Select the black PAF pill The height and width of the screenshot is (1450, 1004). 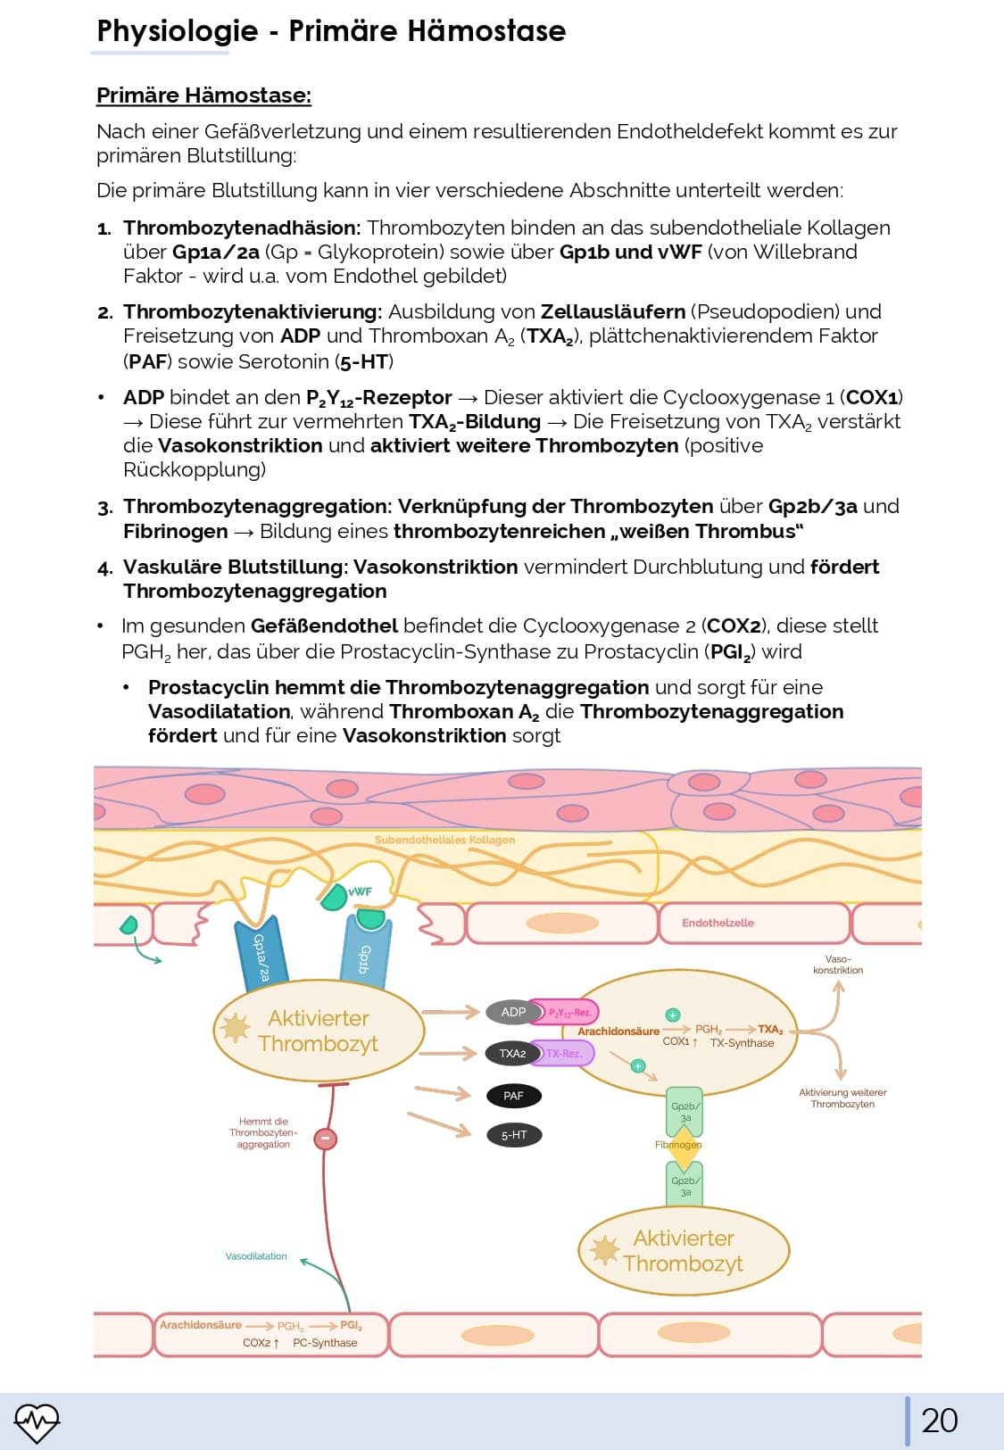(x=513, y=1096)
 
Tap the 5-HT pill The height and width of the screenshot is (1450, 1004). (x=514, y=1135)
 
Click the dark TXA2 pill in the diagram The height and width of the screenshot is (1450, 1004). (x=512, y=1054)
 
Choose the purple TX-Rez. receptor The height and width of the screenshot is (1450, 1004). (x=564, y=1054)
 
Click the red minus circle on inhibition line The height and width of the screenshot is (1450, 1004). (x=326, y=1138)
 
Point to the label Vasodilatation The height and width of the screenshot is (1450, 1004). (x=256, y=1256)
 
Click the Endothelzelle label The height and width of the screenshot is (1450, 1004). (x=718, y=923)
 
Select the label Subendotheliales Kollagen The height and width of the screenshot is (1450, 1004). (x=444, y=840)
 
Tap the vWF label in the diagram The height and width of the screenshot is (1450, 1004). (x=361, y=891)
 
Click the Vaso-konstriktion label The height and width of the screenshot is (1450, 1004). (x=838, y=965)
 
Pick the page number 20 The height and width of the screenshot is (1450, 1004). (x=939, y=1421)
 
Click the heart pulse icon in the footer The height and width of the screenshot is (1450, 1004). (x=37, y=1421)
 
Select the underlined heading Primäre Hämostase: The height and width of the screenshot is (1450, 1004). (x=203, y=95)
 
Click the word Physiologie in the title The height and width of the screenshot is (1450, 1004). (x=177, y=31)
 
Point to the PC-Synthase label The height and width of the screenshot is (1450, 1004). (x=325, y=1343)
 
